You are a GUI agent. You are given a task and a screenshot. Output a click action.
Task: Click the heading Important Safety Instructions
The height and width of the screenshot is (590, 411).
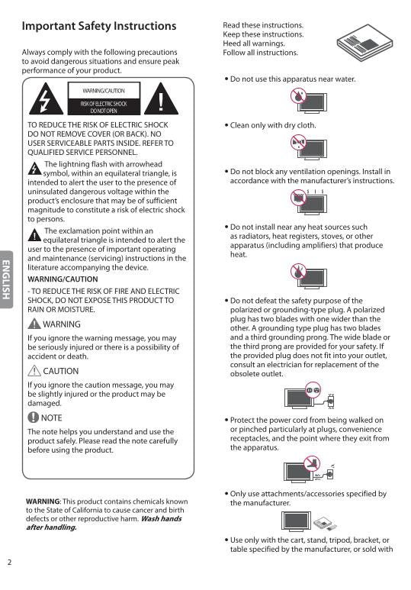[99, 27]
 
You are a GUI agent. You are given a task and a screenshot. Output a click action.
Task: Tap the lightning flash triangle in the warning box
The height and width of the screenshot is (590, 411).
[47, 99]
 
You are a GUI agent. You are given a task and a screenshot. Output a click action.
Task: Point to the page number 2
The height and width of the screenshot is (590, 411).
[9, 563]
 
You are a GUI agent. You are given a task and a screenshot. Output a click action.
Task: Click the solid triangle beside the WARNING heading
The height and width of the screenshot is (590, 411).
[33, 324]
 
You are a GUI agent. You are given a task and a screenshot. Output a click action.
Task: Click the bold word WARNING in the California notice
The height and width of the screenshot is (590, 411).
[43, 501]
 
